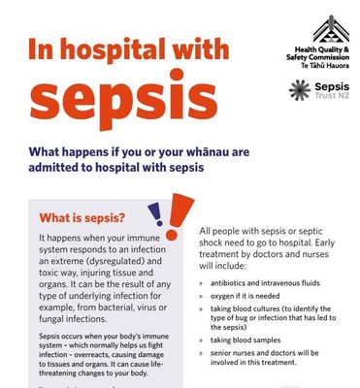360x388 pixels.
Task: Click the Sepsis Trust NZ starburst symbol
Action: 299,90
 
